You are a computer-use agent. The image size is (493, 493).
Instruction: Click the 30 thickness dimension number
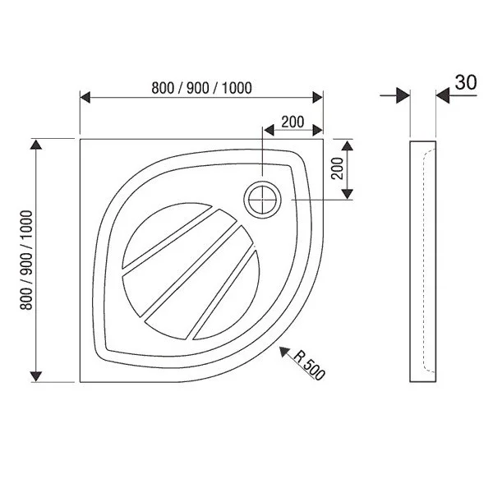pyautogui.click(x=466, y=83)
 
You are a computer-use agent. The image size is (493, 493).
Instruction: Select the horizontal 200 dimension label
pyautogui.click(x=293, y=122)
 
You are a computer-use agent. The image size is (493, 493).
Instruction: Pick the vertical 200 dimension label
pyautogui.click(x=338, y=168)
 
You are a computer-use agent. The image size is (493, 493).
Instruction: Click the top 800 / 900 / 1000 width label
pyautogui.click(x=201, y=88)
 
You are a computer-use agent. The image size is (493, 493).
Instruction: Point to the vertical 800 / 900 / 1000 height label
pyautogui.click(x=26, y=260)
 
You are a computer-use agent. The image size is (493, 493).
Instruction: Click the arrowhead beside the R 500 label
pyautogui.click(x=284, y=352)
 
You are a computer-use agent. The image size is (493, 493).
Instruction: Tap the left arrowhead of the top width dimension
pyautogui.click(x=85, y=98)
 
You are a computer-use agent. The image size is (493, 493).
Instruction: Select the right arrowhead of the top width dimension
pyautogui.click(x=318, y=98)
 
